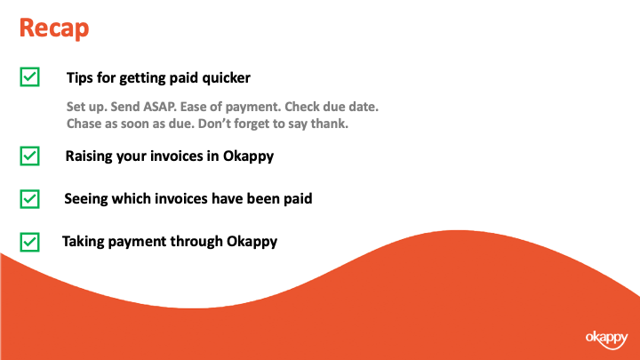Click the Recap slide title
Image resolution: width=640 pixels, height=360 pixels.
[54, 28]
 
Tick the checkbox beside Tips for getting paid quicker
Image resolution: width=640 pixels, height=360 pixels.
[30, 76]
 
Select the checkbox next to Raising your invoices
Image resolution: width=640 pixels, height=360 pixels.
[30, 156]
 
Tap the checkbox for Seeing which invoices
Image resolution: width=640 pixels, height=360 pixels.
[30, 199]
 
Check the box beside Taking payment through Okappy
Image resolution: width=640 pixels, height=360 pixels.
[30, 242]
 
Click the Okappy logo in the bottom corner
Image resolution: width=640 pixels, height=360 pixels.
[606, 340]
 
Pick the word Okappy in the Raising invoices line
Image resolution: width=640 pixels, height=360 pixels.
[248, 156]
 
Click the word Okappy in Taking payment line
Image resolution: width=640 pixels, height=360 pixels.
[252, 242]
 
